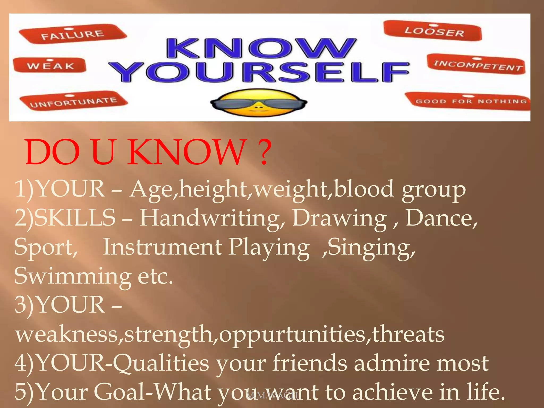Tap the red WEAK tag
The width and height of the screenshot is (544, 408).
tap(50, 65)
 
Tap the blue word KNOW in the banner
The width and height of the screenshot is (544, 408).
tap(260, 48)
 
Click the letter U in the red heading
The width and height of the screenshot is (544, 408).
tap(104, 152)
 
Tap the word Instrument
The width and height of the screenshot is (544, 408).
tap(162, 247)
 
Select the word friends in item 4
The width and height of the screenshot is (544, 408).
tap(309, 363)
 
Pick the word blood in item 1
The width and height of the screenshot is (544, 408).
tap(364, 189)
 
